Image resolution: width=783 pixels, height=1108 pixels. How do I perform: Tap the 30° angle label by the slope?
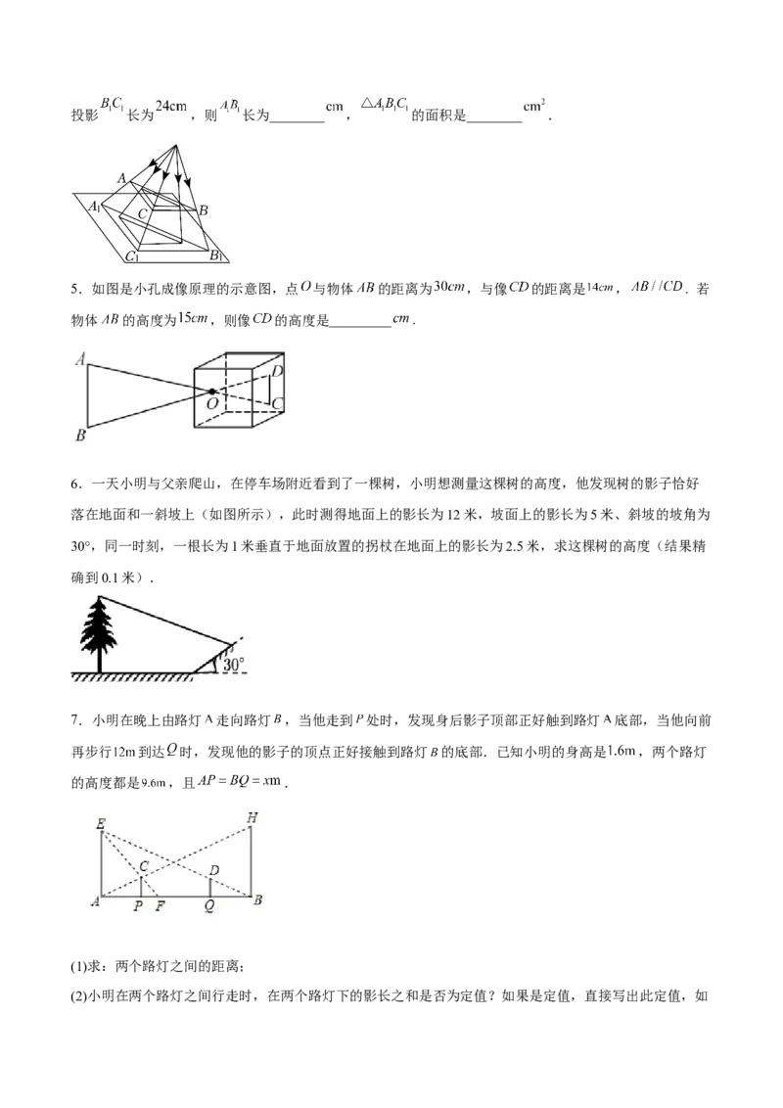coord(233,665)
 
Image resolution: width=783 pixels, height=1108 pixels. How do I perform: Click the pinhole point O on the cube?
coord(211,391)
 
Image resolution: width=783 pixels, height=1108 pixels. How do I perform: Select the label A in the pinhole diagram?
coord(80,359)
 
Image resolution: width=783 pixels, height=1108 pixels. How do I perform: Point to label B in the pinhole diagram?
coord(80,436)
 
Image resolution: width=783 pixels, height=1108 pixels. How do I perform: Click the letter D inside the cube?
coord(278,370)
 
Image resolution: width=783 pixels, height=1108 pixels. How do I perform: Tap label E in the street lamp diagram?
coord(101,824)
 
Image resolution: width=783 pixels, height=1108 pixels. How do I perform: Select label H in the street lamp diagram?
coord(253,818)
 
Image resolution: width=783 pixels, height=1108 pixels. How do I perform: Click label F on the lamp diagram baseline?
coord(160,906)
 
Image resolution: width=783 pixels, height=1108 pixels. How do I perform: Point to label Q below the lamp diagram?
coord(209,906)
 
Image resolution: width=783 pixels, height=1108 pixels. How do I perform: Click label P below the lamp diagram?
coord(139,906)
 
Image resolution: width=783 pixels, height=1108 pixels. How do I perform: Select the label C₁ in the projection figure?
coord(132,256)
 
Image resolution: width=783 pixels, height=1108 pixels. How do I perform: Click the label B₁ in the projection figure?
coord(215,255)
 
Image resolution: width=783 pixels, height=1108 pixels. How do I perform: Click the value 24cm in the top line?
coord(171,106)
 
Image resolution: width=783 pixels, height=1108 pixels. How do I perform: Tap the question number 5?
coord(74,289)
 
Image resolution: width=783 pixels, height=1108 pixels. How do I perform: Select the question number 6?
coord(74,485)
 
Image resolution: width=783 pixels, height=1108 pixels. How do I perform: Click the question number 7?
coord(74,720)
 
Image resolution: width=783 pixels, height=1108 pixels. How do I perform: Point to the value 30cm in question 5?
coord(449,287)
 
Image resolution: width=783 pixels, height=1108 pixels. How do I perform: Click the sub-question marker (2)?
coord(78,996)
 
